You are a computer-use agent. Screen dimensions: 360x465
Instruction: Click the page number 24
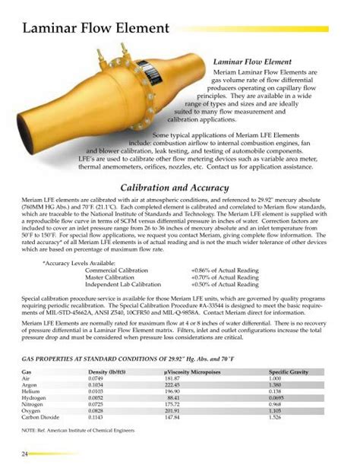[24, 454]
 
